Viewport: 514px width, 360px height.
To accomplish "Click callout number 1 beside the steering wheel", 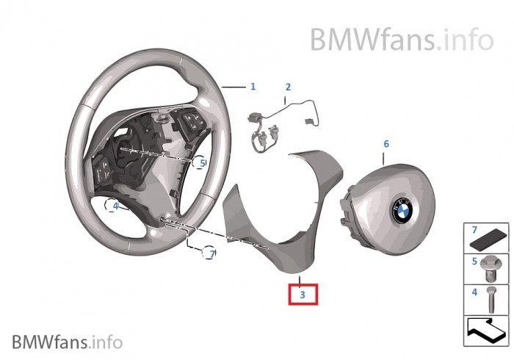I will click(x=253, y=87).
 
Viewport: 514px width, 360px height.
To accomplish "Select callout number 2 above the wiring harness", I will click(x=288, y=87).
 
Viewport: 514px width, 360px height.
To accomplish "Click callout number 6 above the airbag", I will click(x=386, y=144).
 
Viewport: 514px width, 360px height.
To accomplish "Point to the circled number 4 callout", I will click(x=115, y=206).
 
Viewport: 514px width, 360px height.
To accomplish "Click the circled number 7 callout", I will click(x=211, y=254).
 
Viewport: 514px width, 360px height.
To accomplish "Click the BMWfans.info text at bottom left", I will click(x=67, y=342).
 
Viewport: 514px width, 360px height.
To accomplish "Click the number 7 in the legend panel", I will click(x=474, y=230).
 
